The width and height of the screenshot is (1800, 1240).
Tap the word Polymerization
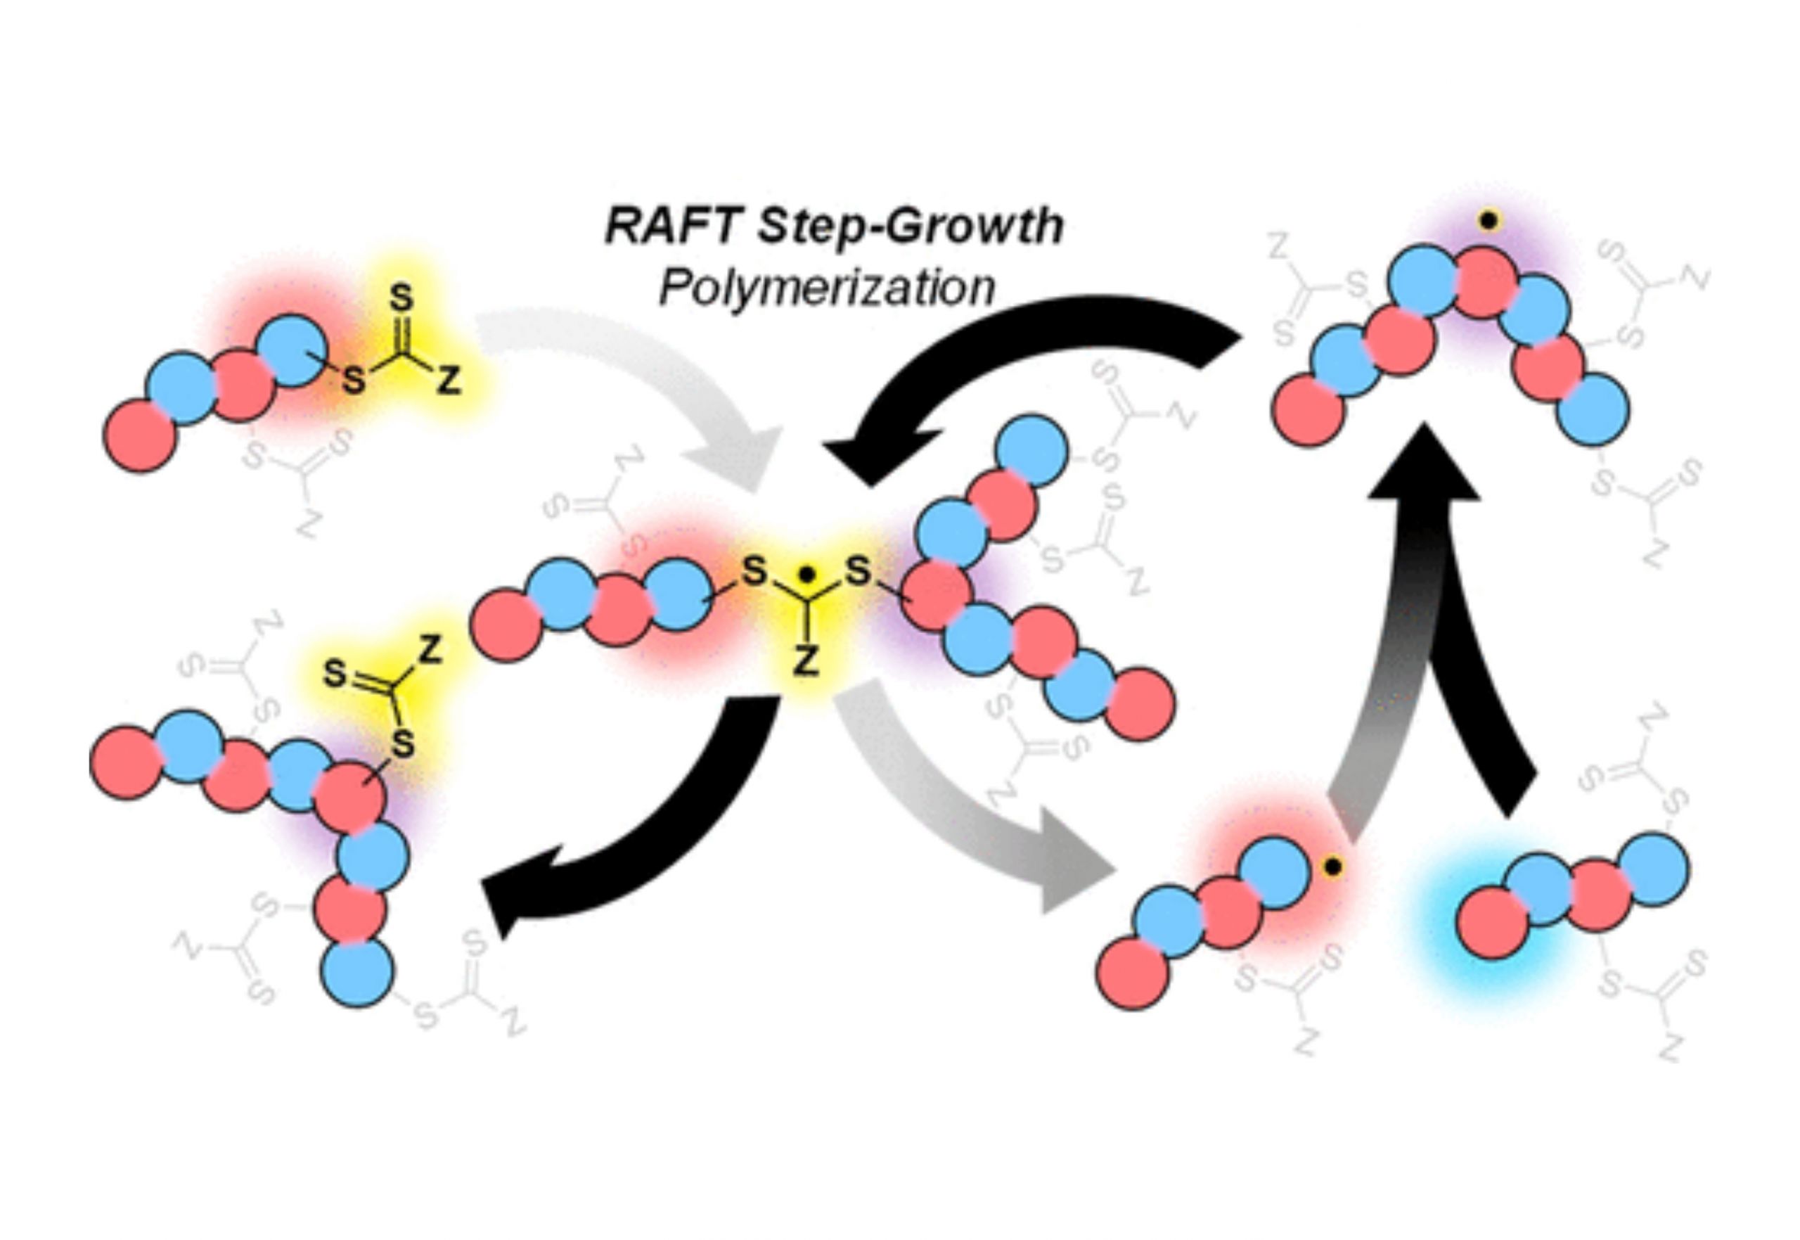coord(826,288)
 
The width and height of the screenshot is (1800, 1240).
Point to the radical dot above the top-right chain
coord(1489,221)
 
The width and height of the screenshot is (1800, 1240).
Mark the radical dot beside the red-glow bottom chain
coord(1332,867)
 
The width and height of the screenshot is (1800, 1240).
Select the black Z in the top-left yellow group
coord(449,380)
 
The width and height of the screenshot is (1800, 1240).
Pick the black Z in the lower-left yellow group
coord(431,649)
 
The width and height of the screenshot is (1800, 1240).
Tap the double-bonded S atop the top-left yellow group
coord(401,298)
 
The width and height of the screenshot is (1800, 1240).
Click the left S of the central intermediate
coord(753,573)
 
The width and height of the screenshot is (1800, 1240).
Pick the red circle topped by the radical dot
coord(1485,283)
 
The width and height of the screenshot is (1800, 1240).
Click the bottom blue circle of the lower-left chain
coord(357,972)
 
